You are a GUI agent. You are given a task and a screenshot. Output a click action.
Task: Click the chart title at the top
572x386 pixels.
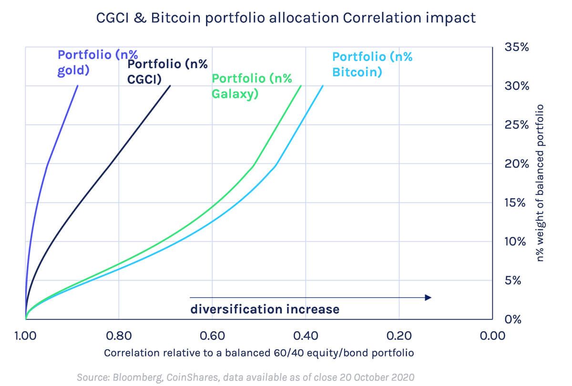286,18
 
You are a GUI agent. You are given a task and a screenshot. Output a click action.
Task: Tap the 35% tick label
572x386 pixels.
516,47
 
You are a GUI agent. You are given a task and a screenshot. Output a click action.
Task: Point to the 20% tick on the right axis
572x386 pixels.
516,164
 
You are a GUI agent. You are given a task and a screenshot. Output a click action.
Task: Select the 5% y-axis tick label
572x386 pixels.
513,280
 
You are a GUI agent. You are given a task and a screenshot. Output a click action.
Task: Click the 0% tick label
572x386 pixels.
513,319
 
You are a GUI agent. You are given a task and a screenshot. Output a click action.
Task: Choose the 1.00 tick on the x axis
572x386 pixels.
25,336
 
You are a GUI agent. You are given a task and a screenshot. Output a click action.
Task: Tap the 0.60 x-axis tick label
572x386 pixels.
212,336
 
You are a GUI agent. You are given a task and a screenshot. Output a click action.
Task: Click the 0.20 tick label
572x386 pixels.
398,336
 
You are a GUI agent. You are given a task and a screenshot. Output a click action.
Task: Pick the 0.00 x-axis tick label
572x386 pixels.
492,336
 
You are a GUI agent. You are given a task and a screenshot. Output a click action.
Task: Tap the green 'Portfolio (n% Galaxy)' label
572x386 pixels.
252,86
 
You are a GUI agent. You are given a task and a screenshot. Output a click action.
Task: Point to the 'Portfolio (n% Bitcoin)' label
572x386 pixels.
372,64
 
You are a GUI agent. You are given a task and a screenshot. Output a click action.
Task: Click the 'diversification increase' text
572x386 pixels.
265,309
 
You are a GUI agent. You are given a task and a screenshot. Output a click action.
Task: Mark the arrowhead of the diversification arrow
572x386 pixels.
428,297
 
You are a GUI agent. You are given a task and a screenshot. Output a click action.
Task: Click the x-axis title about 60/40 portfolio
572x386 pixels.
259,353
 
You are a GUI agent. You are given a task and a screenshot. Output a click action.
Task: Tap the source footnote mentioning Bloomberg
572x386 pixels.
245,377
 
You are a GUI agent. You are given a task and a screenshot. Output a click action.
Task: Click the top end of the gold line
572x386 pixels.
78,86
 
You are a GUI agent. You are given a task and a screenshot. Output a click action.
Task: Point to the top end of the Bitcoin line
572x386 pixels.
323,86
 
